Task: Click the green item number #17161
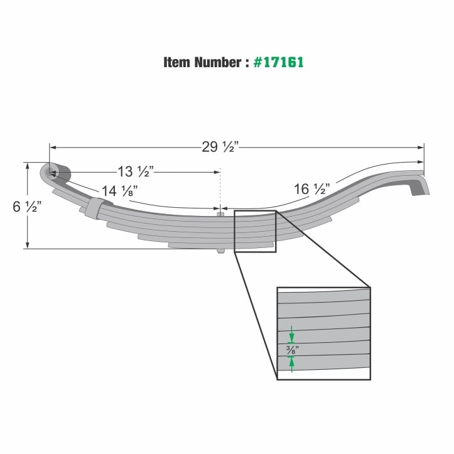[x=279, y=63]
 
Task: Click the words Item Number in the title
[x=202, y=63]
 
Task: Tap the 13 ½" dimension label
[x=135, y=171]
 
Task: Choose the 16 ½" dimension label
[x=312, y=188]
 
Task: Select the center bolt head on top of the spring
[x=220, y=215]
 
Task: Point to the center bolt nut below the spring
[x=220, y=251]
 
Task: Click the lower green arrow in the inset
[x=291, y=362]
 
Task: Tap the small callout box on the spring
[x=255, y=231]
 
